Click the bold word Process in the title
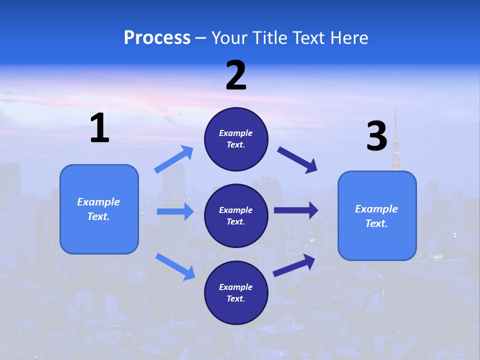[157, 38]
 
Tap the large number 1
[99, 128]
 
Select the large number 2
[236, 75]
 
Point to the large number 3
[376, 136]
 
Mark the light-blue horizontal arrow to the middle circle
[175, 211]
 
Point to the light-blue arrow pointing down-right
[175, 266]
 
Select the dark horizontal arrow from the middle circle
[296, 210]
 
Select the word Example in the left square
[98, 202]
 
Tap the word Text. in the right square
[376, 223]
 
